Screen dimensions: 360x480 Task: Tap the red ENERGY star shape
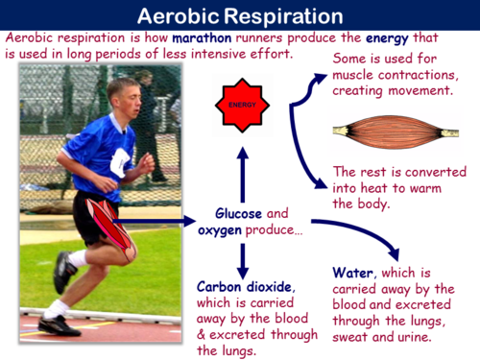tap(240, 99)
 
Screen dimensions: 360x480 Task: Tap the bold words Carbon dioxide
tap(238, 287)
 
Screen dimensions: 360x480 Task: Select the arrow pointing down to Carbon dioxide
tap(242, 257)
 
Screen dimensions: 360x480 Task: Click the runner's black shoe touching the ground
tap(60, 324)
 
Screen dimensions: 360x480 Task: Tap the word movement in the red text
tap(430, 89)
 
